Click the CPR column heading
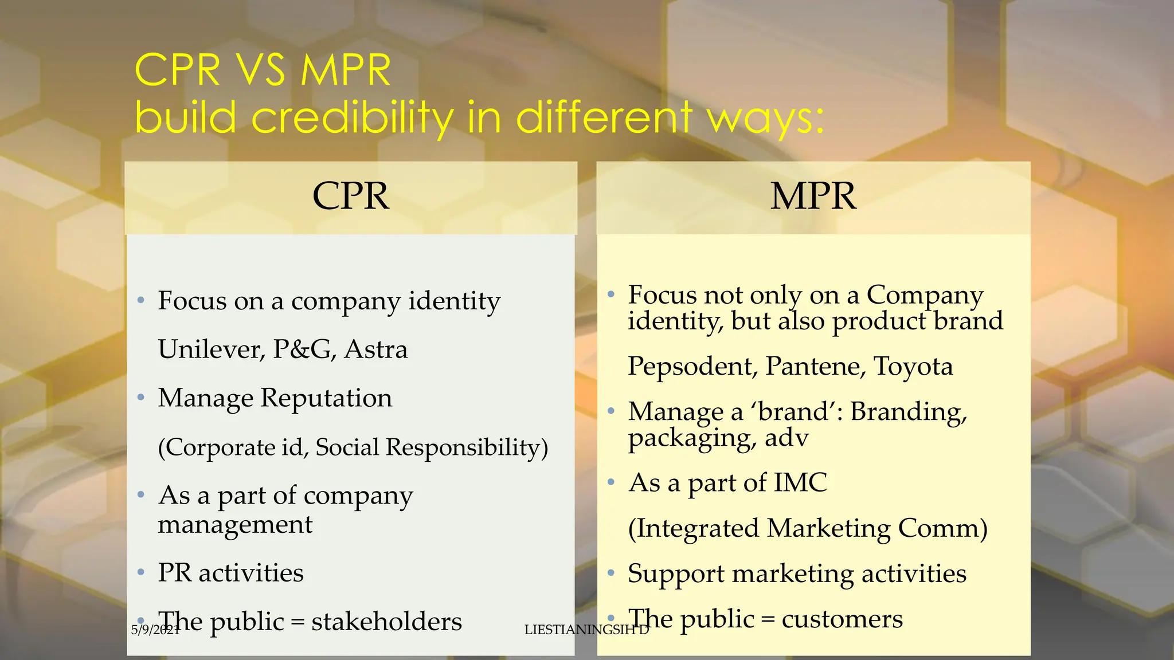coord(351,197)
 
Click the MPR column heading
coord(813,197)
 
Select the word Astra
coord(376,349)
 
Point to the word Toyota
coord(913,367)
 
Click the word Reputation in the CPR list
coord(326,398)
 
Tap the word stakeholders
coord(386,622)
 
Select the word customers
coord(842,619)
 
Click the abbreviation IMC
coord(800,483)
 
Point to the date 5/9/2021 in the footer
coord(155,630)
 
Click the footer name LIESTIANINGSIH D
coord(586,630)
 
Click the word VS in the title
coord(261,70)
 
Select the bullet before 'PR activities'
coord(141,573)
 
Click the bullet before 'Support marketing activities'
coord(611,573)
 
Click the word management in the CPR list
coord(235,525)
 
